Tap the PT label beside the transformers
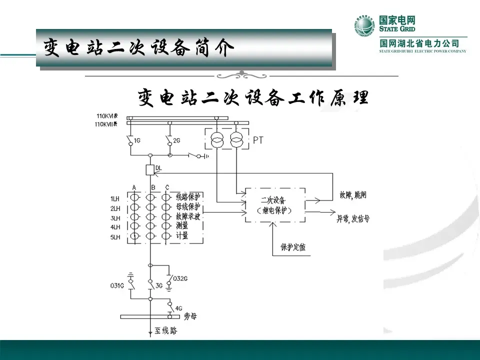click(x=258, y=140)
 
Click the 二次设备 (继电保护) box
click(x=274, y=205)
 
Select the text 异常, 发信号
click(x=352, y=218)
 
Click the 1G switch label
click(x=137, y=141)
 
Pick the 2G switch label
click(x=176, y=141)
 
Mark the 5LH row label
click(x=115, y=237)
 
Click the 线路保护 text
click(x=188, y=196)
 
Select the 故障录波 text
click(x=188, y=216)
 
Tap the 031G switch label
click(x=117, y=286)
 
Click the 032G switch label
click(x=180, y=278)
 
